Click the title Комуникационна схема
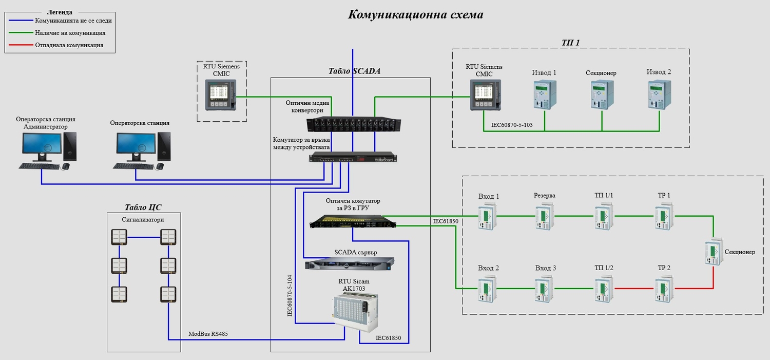(x=415, y=14)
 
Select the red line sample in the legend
(x=20, y=45)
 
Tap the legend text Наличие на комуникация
(x=70, y=33)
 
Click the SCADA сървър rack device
(x=349, y=263)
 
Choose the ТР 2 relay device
(x=664, y=289)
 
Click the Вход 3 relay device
(x=544, y=289)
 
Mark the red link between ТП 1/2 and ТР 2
(x=634, y=289)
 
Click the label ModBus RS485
(x=208, y=334)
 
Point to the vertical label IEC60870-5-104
(x=290, y=295)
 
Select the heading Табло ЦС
(x=143, y=207)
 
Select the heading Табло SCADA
(x=354, y=71)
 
